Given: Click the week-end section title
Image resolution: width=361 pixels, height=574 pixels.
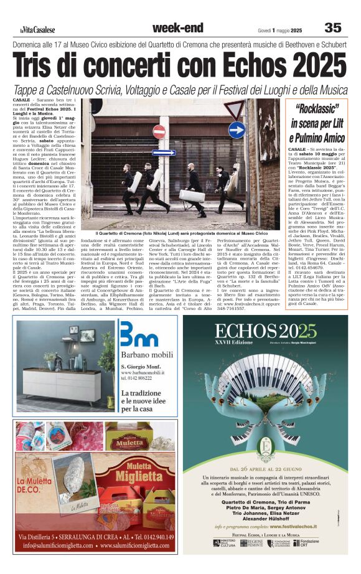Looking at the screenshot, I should (177, 27).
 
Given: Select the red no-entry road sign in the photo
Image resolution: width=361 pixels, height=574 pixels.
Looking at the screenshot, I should (159, 131).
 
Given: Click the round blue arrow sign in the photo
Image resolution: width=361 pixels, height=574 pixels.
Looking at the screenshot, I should (236, 130).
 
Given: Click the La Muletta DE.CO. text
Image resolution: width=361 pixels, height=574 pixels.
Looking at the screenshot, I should (37, 486).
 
